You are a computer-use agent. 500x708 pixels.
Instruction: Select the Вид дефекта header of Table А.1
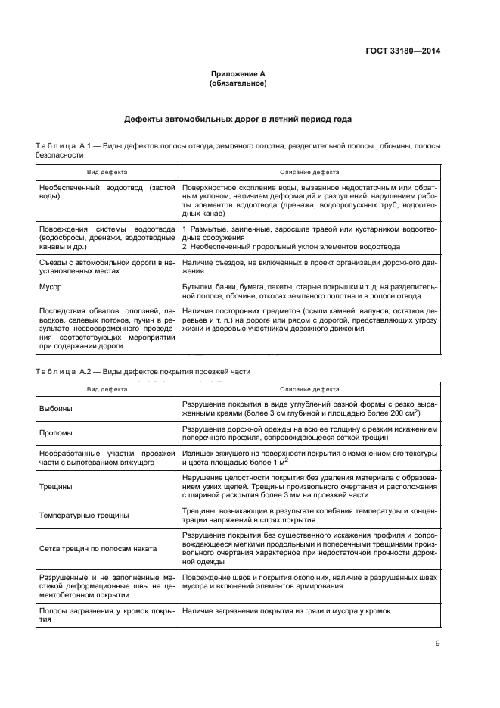point(107,173)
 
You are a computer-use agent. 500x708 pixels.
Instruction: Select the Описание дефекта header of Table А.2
point(310,389)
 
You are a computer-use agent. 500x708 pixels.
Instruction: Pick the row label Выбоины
point(57,410)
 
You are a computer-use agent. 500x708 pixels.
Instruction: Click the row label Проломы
point(57,435)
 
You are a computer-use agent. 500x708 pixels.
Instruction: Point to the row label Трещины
point(56,487)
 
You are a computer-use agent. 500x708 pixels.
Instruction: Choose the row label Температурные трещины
point(84,516)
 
